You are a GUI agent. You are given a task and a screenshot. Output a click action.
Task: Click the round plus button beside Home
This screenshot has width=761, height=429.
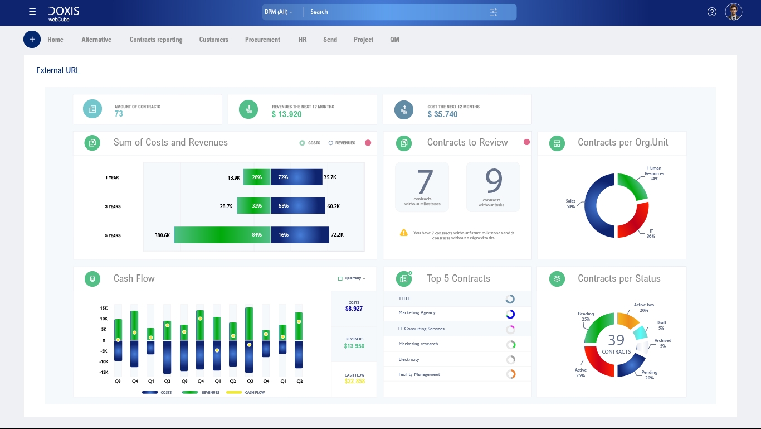coord(32,40)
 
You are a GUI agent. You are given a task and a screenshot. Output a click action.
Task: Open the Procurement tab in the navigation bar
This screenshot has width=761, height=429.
coord(262,40)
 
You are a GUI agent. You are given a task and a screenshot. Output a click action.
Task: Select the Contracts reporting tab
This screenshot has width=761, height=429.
coord(156,40)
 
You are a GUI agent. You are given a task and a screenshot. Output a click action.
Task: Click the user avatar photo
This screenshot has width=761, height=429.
coord(733,12)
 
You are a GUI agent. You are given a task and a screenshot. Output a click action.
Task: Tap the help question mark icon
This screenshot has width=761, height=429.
coord(711,12)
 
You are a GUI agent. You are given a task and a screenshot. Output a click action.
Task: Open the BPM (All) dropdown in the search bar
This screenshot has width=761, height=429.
coord(279,12)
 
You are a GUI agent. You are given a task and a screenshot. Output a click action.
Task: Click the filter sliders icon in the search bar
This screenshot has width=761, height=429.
coord(494,12)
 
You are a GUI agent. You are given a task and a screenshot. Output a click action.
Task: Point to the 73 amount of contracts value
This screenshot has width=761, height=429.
coord(119,114)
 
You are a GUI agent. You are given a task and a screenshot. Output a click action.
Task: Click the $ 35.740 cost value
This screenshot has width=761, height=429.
coord(442,114)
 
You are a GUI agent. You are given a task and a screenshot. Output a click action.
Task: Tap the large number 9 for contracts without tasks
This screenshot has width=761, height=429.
coord(493,181)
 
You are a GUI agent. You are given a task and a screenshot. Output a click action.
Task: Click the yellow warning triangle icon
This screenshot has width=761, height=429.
coord(404,233)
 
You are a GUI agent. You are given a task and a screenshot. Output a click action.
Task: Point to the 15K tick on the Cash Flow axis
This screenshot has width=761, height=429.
coord(104,308)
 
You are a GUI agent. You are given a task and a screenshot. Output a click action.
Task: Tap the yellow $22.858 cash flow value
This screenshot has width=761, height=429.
coord(354,381)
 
